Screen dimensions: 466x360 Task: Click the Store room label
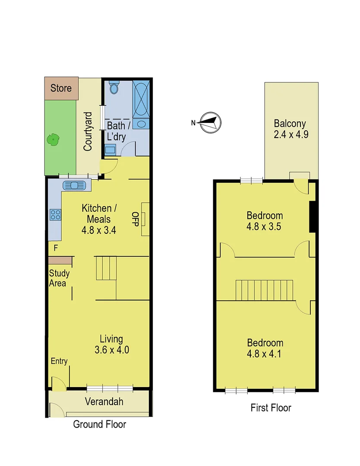[x=61, y=88]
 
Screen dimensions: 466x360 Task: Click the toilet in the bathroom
[x=114, y=88]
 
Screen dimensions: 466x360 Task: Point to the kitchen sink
[x=76, y=186]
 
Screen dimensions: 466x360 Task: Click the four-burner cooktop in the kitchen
[x=55, y=214]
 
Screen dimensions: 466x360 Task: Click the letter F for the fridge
[x=55, y=248]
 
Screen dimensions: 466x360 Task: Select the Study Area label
[x=59, y=278]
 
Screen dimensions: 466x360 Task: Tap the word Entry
[x=59, y=361]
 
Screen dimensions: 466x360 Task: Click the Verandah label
[x=104, y=402]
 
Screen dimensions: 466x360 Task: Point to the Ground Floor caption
[x=100, y=424]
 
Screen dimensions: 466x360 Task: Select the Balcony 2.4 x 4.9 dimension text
[x=291, y=134]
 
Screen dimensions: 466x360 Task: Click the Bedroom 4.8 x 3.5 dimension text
[x=265, y=226]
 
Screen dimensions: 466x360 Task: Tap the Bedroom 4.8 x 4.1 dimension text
[x=265, y=354]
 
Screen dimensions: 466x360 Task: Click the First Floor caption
[x=271, y=408]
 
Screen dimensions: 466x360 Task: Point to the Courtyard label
[x=88, y=131]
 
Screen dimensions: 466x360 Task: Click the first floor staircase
[x=264, y=290]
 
